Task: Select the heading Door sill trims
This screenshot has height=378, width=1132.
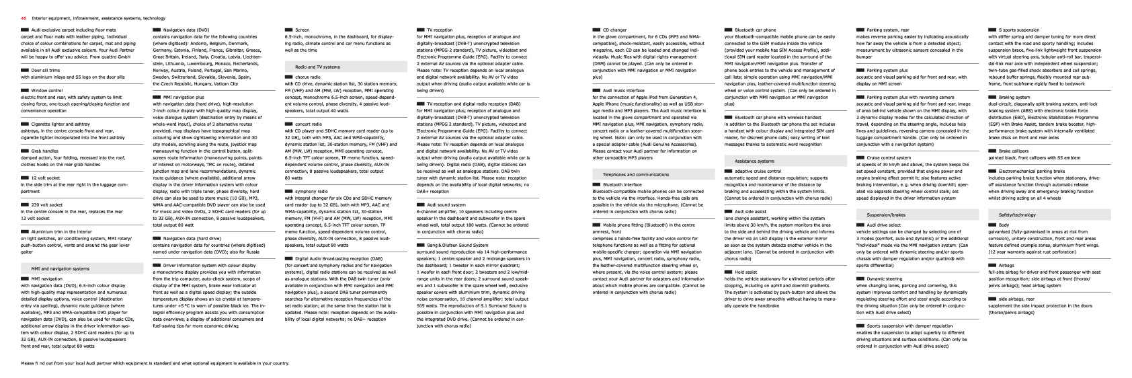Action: (41, 69)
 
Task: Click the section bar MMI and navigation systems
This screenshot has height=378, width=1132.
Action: (60, 268)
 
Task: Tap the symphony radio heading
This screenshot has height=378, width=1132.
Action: (311, 192)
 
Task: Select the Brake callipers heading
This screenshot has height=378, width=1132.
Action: (1014, 151)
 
